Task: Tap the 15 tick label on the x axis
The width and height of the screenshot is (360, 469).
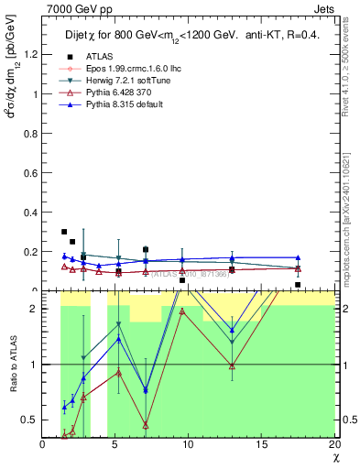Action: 262,444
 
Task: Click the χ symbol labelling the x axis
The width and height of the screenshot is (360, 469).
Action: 334,457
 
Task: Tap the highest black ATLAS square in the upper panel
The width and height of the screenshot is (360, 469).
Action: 64,232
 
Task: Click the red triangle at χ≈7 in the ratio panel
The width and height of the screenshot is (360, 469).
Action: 146,424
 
